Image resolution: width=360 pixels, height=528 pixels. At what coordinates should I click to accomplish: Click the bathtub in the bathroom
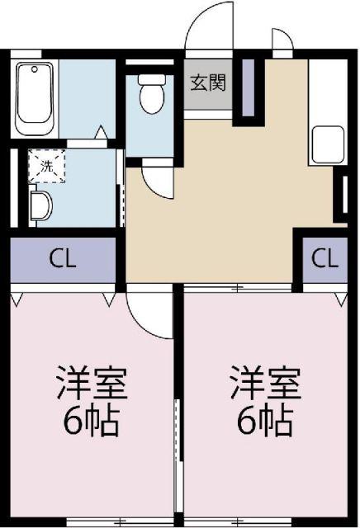(35, 99)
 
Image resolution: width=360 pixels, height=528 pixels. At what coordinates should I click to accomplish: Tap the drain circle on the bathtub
(35, 69)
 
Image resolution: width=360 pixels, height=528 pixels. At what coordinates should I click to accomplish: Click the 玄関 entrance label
(208, 82)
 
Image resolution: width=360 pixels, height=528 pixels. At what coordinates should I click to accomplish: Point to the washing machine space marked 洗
(46, 166)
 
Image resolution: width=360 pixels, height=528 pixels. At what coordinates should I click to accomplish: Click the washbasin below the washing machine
(40, 205)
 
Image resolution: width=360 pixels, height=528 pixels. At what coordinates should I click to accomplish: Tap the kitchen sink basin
(328, 145)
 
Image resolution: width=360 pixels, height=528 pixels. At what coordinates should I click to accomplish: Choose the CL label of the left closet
(63, 258)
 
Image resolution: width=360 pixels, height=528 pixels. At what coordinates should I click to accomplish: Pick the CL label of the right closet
(324, 258)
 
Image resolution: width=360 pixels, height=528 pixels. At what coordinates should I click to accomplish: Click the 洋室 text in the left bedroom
(92, 383)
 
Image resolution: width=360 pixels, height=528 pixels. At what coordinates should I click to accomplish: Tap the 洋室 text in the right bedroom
(265, 383)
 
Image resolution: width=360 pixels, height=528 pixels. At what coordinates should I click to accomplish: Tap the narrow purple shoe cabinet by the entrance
(249, 87)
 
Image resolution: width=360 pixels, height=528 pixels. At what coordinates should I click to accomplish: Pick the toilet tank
(152, 79)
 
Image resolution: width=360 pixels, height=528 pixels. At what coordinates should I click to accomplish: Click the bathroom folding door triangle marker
(101, 132)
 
